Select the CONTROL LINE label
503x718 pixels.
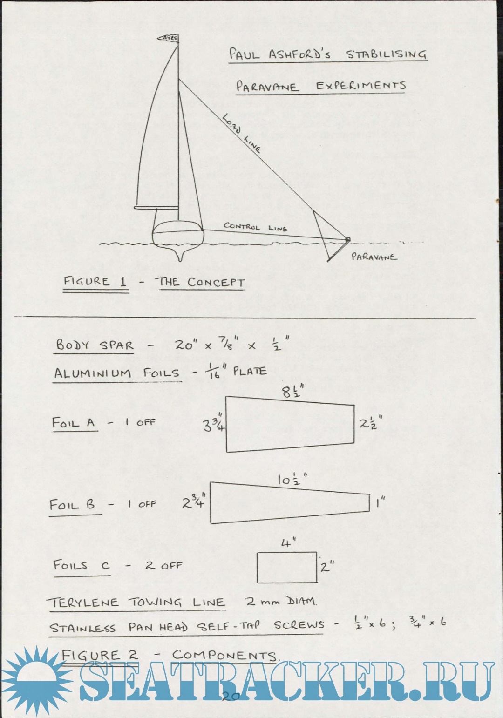coord(255,227)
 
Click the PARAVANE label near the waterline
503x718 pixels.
coord(374,257)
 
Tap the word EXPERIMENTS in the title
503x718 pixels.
coord(361,85)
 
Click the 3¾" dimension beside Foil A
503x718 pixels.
coord(214,424)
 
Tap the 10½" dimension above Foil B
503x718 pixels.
coord(292,480)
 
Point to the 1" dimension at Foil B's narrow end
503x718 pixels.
coord(381,502)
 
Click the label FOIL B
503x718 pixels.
coord(72,505)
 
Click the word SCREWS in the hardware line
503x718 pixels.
coord(299,625)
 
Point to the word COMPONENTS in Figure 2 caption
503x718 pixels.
coord(224,655)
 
